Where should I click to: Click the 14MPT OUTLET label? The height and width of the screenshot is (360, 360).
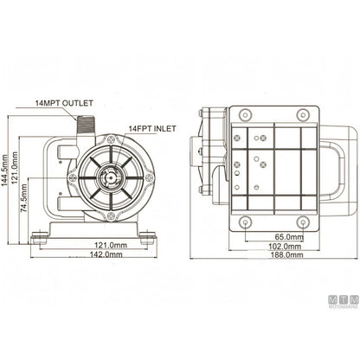64,103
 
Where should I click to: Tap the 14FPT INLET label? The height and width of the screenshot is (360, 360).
152,129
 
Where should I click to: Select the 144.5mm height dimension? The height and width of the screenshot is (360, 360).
4,174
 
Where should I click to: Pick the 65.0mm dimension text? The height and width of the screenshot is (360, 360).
289,237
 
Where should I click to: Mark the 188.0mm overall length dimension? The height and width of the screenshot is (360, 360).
286,255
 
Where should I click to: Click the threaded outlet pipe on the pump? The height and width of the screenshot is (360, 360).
85,126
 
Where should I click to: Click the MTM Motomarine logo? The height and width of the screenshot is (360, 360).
344,302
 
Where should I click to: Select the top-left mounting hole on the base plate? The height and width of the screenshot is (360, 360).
245,115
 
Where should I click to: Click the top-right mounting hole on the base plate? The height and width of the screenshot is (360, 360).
303,115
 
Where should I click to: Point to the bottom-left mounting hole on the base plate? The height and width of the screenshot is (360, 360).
245,222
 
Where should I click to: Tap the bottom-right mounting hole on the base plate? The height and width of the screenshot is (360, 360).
303,222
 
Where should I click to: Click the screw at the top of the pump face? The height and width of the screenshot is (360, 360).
111,140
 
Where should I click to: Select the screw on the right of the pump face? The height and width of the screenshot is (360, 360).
150,178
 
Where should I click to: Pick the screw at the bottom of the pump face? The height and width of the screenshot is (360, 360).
111,215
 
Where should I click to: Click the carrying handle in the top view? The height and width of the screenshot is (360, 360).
338,170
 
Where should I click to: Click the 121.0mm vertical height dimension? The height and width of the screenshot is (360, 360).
15,168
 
